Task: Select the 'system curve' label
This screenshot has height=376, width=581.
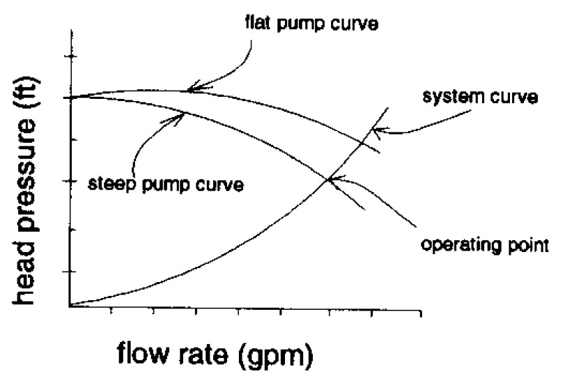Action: [x=481, y=98]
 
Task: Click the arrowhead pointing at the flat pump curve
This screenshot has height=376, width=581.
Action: [x=191, y=88]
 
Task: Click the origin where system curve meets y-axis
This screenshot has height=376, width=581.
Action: [x=70, y=305]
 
